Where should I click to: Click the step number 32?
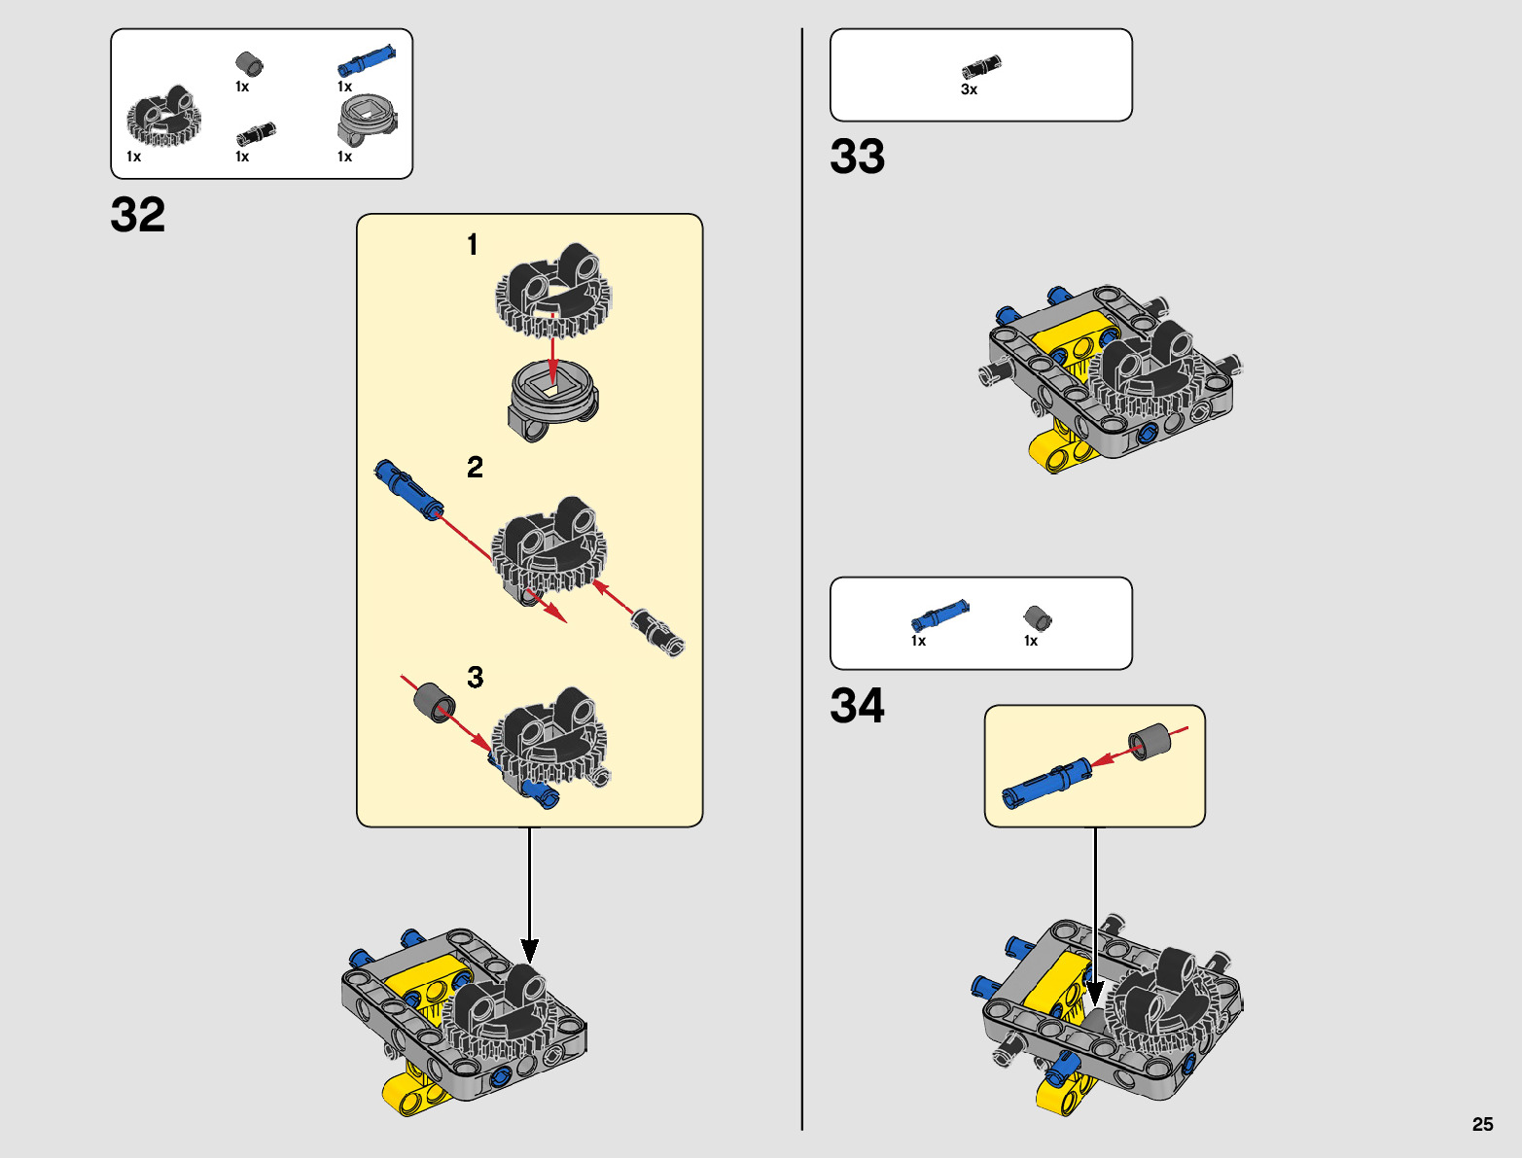click(x=138, y=215)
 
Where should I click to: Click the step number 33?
click(x=857, y=157)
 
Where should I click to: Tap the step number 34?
click(x=857, y=706)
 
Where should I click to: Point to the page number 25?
click(x=1482, y=1124)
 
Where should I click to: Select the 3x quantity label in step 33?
click(x=969, y=89)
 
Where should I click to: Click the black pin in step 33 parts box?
click(x=981, y=67)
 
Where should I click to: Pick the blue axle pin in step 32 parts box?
click(x=366, y=61)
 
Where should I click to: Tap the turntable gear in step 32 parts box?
click(x=164, y=118)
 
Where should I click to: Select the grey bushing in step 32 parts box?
click(x=250, y=64)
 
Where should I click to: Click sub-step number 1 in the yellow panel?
click(x=473, y=244)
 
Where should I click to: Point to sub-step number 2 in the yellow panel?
click(x=475, y=468)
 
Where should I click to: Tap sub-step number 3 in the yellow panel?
click(x=475, y=678)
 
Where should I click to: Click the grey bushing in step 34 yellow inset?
click(x=1149, y=742)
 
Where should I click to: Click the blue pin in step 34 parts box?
click(x=939, y=615)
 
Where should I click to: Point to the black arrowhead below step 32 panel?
click(x=529, y=950)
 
